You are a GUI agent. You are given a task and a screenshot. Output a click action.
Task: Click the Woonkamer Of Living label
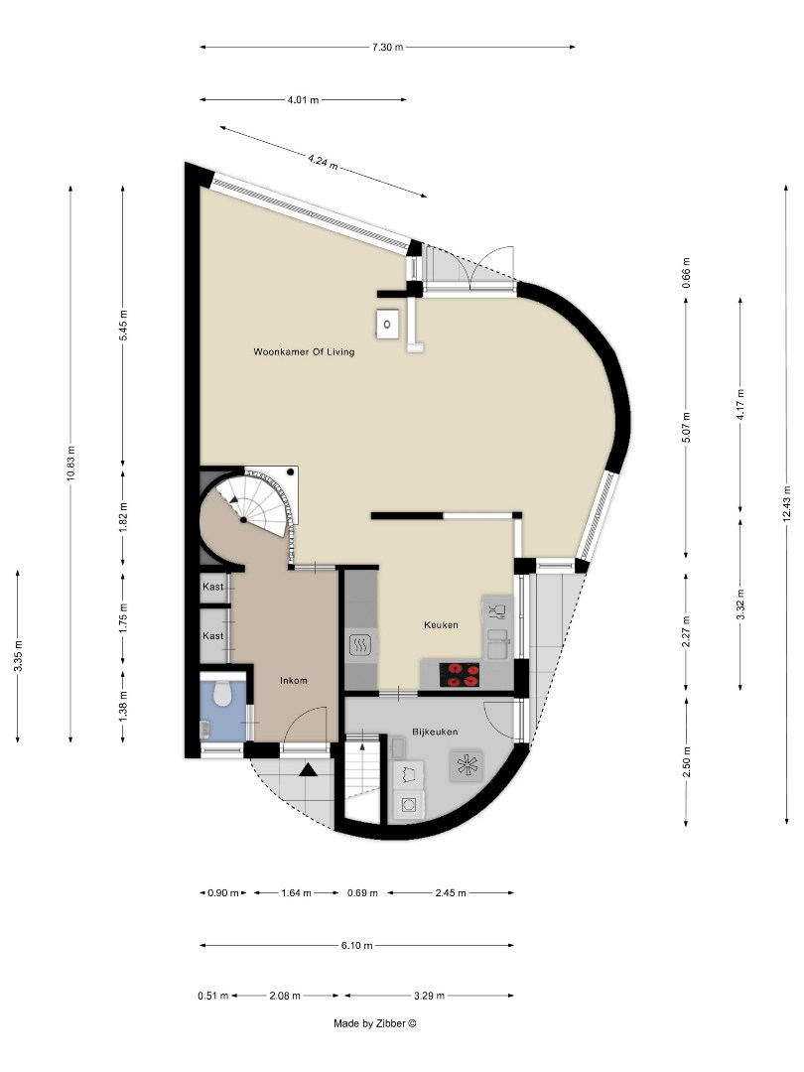coord(304,351)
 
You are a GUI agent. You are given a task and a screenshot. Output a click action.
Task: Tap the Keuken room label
coord(441,625)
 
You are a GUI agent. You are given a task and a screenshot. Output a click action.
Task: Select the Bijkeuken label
coord(435,732)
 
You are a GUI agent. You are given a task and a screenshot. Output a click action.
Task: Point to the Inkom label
coord(293,681)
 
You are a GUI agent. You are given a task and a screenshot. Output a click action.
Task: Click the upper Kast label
coord(213,588)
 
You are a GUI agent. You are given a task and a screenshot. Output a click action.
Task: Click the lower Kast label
coord(213,635)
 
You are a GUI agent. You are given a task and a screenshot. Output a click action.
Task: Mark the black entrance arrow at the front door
coord(309,768)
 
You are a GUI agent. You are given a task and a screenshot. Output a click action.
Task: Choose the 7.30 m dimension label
coord(386,47)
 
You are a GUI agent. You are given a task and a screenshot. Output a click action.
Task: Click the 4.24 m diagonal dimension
coord(323,161)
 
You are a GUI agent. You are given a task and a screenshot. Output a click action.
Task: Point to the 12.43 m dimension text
coord(786,502)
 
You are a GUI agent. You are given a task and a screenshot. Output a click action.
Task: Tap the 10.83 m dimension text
coord(70,463)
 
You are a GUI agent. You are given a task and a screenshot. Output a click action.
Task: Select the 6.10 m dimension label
coord(356,945)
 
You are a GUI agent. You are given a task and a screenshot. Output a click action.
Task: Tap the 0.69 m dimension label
coord(363,892)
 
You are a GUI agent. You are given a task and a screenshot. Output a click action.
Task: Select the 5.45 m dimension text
coord(123,326)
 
